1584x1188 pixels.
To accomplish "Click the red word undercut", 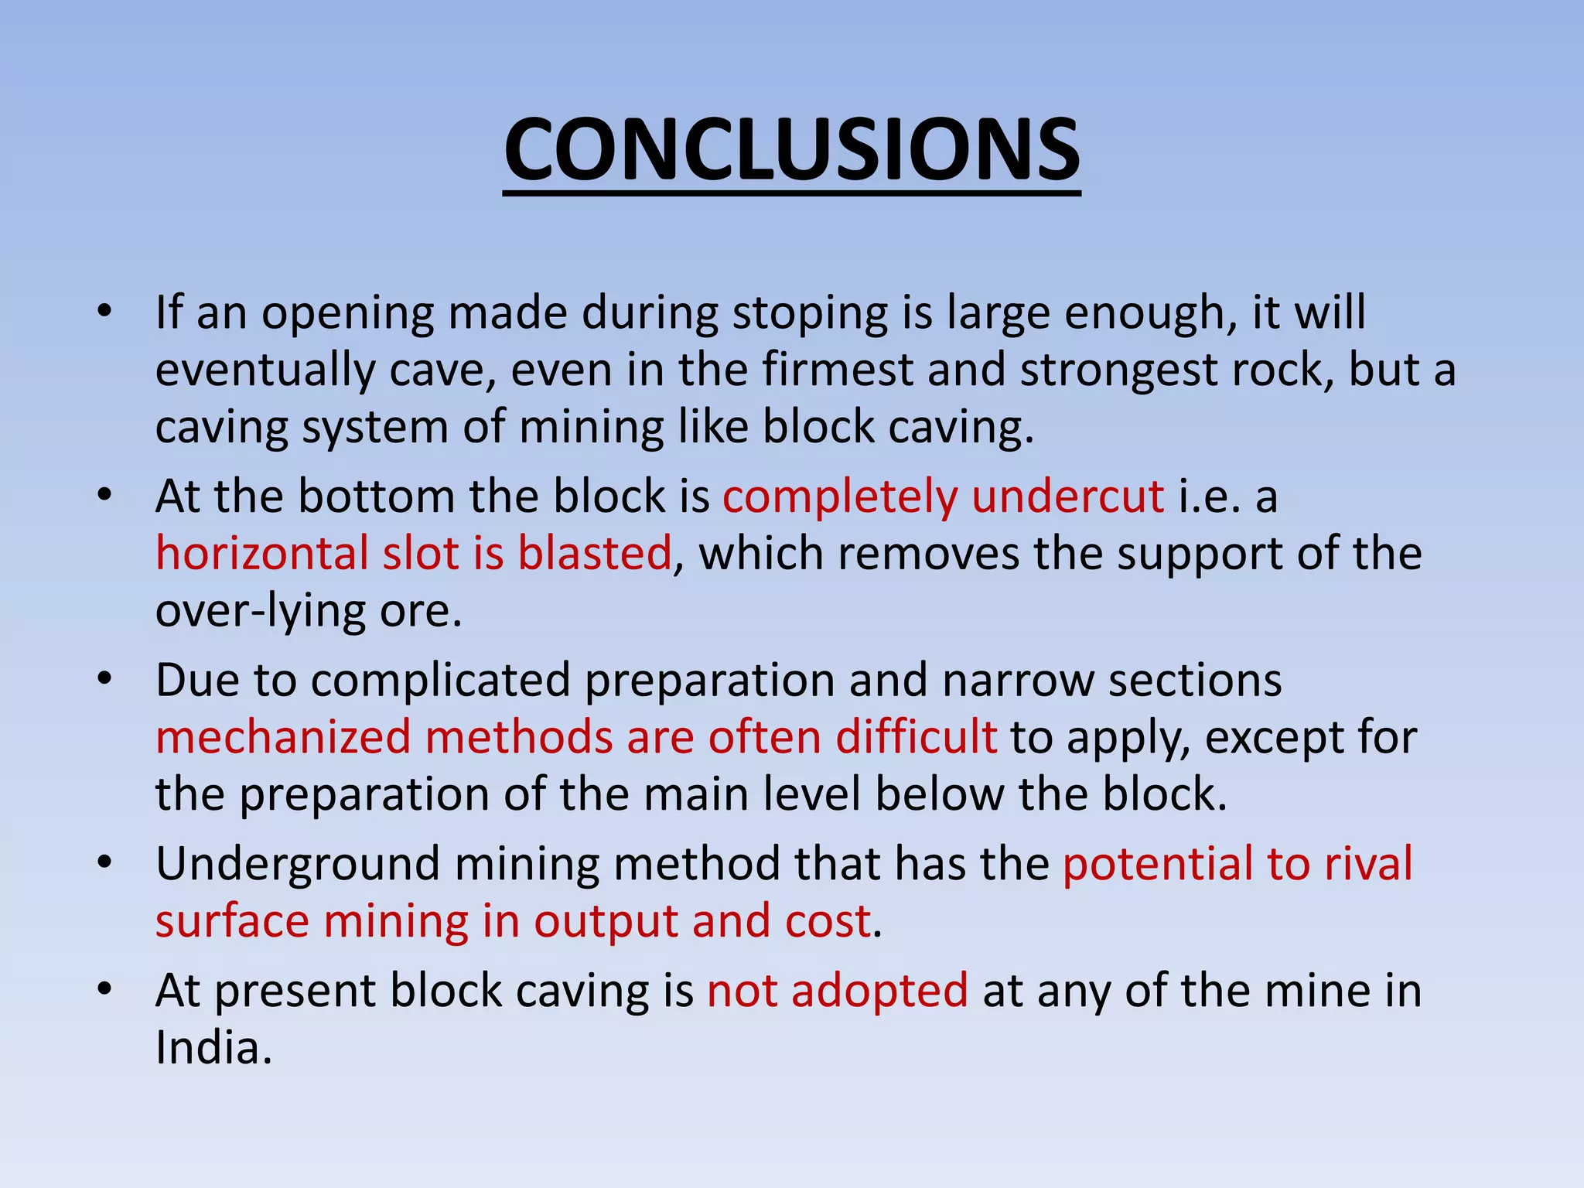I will pyautogui.click(x=1067, y=497).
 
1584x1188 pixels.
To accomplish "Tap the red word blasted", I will pyautogui.click(x=594, y=554).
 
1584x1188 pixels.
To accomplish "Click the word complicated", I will pyautogui.click(x=440, y=681).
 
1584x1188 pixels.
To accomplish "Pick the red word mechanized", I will pyautogui.click(x=282, y=737).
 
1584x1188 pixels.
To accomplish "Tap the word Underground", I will pyautogui.click(x=298, y=865).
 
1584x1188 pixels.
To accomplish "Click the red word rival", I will pyautogui.click(x=1368, y=864).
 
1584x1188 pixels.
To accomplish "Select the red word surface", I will pyautogui.click(x=231, y=922).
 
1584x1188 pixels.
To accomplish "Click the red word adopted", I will pyautogui.click(x=879, y=992).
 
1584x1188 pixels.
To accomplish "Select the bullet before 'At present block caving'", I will pyautogui.click(x=106, y=991).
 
